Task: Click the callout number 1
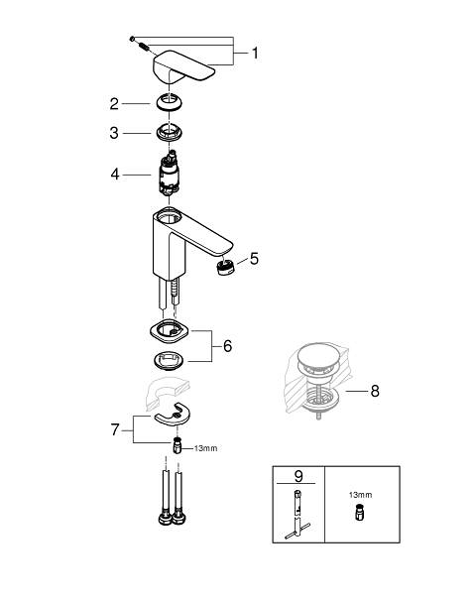pyautogui.click(x=255, y=53)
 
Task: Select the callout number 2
pyautogui.click(x=114, y=104)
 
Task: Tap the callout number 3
pyautogui.click(x=114, y=133)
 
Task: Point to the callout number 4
pyautogui.click(x=115, y=175)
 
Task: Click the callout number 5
pyautogui.click(x=254, y=259)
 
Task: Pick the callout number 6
pyautogui.click(x=228, y=346)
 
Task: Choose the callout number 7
pyautogui.click(x=115, y=429)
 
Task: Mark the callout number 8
pyautogui.click(x=375, y=391)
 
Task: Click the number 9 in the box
pyautogui.click(x=298, y=476)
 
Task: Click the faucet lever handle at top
pyautogui.click(x=183, y=67)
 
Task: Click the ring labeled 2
pyautogui.click(x=169, y=103)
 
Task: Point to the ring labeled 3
pyautogui.click(x=169, y=133)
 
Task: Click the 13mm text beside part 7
pyautogui.click(x=205, y=448)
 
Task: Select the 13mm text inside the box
pyautogui.click(x=360, y=495)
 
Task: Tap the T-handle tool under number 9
pyautogui.click(x=297, y=515)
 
